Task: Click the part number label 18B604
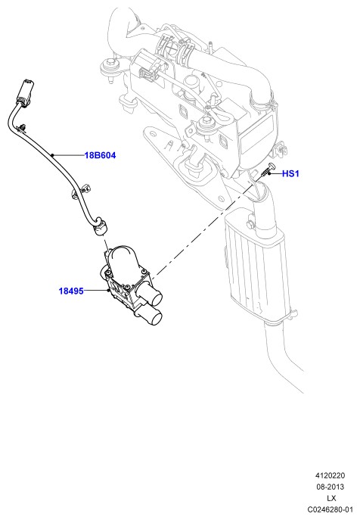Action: (100, 155)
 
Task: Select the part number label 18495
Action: (71, 291)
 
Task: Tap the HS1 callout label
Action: (290, 173)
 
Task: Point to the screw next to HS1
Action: (267, 170)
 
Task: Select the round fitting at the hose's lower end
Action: (100, 227)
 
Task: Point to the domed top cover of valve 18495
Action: (123, 258)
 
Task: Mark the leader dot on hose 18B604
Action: (52, 155)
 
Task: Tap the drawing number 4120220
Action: (330, 475)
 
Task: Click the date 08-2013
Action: (330, 487)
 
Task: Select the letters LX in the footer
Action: (331, 498)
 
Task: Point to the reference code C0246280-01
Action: (330, 509)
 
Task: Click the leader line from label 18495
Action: (96, 291)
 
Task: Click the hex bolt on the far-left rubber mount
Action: (110, 62)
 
